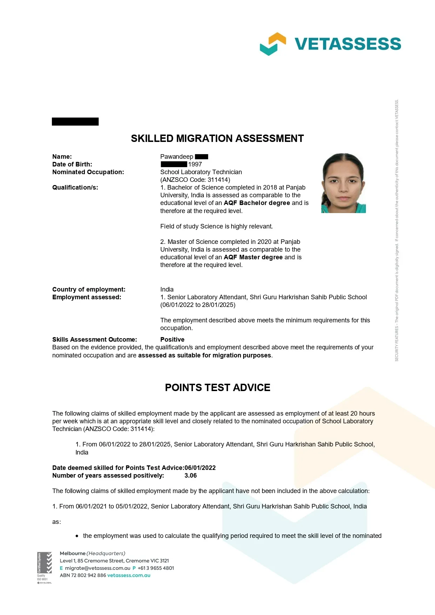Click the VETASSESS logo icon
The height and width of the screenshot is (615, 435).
coord(273,44)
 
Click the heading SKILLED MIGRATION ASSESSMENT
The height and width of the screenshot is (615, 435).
coord(217,138)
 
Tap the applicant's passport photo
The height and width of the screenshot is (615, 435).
coord(343,183)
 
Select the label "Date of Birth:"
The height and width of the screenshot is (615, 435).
coord(72,164)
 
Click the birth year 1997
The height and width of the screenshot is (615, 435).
coord(195,164)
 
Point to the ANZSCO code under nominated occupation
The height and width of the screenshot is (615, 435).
coord(195,180)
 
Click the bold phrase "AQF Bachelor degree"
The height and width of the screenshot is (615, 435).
coord(257,203)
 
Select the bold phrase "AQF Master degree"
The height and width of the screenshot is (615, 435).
coord(253,257)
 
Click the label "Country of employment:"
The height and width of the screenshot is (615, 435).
coord(89,289)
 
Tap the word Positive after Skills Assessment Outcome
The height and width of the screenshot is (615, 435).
coord(172,340)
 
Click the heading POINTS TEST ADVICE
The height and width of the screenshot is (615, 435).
coord(217,388)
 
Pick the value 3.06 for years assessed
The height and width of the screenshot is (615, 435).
coord(190,476)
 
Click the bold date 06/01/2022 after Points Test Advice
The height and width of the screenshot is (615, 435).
coord(200,468)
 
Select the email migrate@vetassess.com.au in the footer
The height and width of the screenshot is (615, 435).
coord(98,568)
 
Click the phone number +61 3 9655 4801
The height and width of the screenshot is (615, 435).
coord(156,568)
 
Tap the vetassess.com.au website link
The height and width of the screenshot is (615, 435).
coord(129,575)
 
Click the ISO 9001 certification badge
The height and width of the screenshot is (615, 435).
coord(44,568)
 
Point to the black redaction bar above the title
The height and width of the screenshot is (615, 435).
coord(75,122)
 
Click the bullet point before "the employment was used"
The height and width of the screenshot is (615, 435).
coord(77,536)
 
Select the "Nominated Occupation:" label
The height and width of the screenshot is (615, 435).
coord(88,172)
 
